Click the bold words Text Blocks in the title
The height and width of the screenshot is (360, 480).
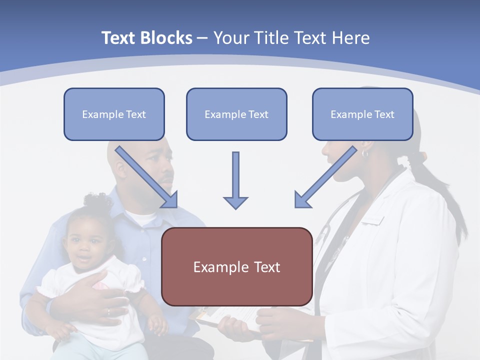pyautogui.click(x=146, y=38)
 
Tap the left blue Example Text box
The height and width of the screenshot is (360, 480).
pyautogui.click(x=114, y=114)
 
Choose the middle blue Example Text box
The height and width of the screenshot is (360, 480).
pyautogui.click(x=236, y=114)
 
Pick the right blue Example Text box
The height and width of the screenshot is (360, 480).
pyautogui.click(x=362, y=114)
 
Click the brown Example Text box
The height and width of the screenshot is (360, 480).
pyautogui.click(x=236, y=267)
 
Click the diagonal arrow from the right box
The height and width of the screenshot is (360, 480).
pyautogui.click(x=325, y=177)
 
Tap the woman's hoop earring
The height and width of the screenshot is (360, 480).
pyautogui.click(x=364, y=153)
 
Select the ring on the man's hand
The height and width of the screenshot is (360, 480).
pyautogui.click(x=108, y=312)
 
